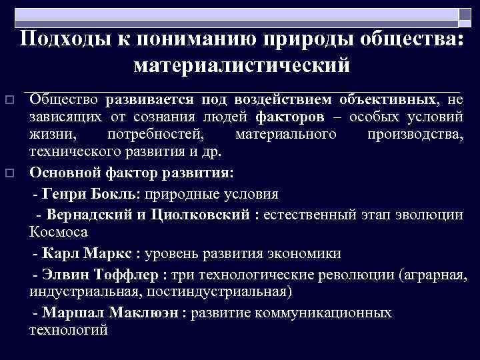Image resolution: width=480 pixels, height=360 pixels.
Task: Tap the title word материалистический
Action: click(x=241, y=65)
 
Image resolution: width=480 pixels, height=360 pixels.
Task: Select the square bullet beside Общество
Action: click(x=9, y=100)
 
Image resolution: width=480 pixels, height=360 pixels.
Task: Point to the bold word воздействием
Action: click(x=283, y=100)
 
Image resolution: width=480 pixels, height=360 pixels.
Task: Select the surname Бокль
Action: click(x=117, y=194)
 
